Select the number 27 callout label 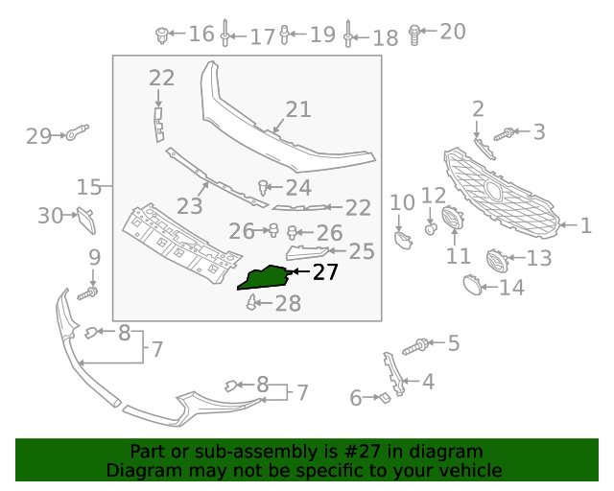[325, 272]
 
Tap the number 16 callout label [201, 35]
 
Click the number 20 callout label [453, 32]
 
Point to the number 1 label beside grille [585, 226]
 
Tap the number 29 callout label [38, 136]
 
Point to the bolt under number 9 [92, 291]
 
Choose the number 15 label [89, 185]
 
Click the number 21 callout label [298, 109]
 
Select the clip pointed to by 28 [252, 304]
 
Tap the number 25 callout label [361, 251]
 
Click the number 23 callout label [189, 206]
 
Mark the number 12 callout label [434, 197]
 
